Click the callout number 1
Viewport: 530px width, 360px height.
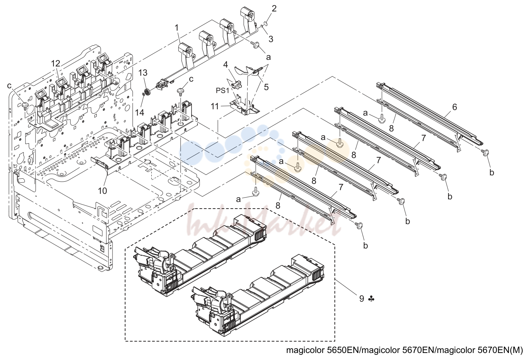coord(176,28)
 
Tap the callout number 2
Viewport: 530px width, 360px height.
coord(274,9)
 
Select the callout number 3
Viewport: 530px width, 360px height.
coord(271,39)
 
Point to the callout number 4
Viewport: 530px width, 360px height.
coord(226,64)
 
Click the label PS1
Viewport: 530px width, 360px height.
coord(222,90)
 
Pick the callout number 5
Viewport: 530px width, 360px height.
coord(266,87)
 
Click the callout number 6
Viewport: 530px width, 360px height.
coord(454,107)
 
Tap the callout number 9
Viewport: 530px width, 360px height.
coord(362,298)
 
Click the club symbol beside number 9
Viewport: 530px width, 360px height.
coord(371,299)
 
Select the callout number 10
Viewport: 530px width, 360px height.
coord(103,191)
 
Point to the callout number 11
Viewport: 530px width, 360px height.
coord(215,106)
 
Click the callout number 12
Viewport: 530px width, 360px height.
coord(56,64)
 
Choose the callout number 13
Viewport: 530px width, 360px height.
coord(143,73)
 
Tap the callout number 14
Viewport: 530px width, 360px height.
coord(140,112)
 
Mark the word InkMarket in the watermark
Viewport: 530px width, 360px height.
coord(264,221)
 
